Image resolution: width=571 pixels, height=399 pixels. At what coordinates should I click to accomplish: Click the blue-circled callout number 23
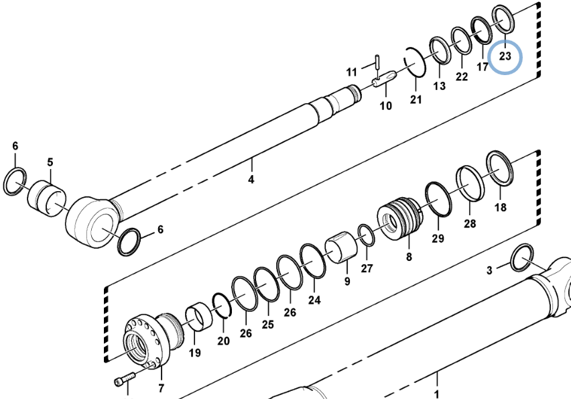[505, 56]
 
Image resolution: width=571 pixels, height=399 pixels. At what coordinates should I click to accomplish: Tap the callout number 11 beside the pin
[351, 72]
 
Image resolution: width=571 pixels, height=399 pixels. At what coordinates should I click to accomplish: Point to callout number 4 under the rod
[251, 179]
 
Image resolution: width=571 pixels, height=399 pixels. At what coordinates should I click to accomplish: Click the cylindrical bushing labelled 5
[47, 198]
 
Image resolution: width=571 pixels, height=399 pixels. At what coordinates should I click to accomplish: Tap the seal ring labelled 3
[522, 258]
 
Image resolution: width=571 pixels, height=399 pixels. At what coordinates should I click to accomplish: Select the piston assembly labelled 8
[401, 218]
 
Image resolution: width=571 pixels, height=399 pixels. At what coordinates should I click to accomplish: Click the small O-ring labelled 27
[366, 235]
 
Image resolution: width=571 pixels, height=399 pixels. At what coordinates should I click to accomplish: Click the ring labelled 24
[313, 262]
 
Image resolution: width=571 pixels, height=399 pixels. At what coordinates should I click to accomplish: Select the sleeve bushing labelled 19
[199, 315]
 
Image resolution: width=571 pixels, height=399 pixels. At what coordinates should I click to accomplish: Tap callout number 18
[501, 207]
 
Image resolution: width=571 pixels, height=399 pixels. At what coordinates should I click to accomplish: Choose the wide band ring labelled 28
[470, 183]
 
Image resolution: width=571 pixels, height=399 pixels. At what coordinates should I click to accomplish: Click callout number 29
[438, 238]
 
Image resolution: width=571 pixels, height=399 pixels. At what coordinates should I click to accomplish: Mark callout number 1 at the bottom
[436, 394]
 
